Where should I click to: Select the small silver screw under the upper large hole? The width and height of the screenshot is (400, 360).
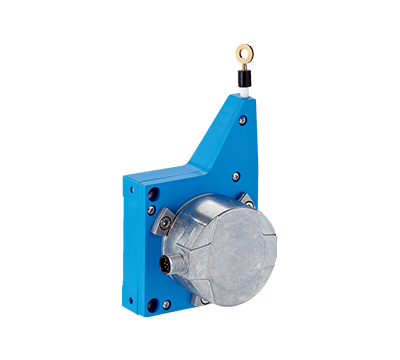pyautogui.click(x=152, y=211)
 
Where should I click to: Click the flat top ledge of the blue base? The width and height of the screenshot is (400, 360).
pyautogui.click(x=150, y=175)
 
